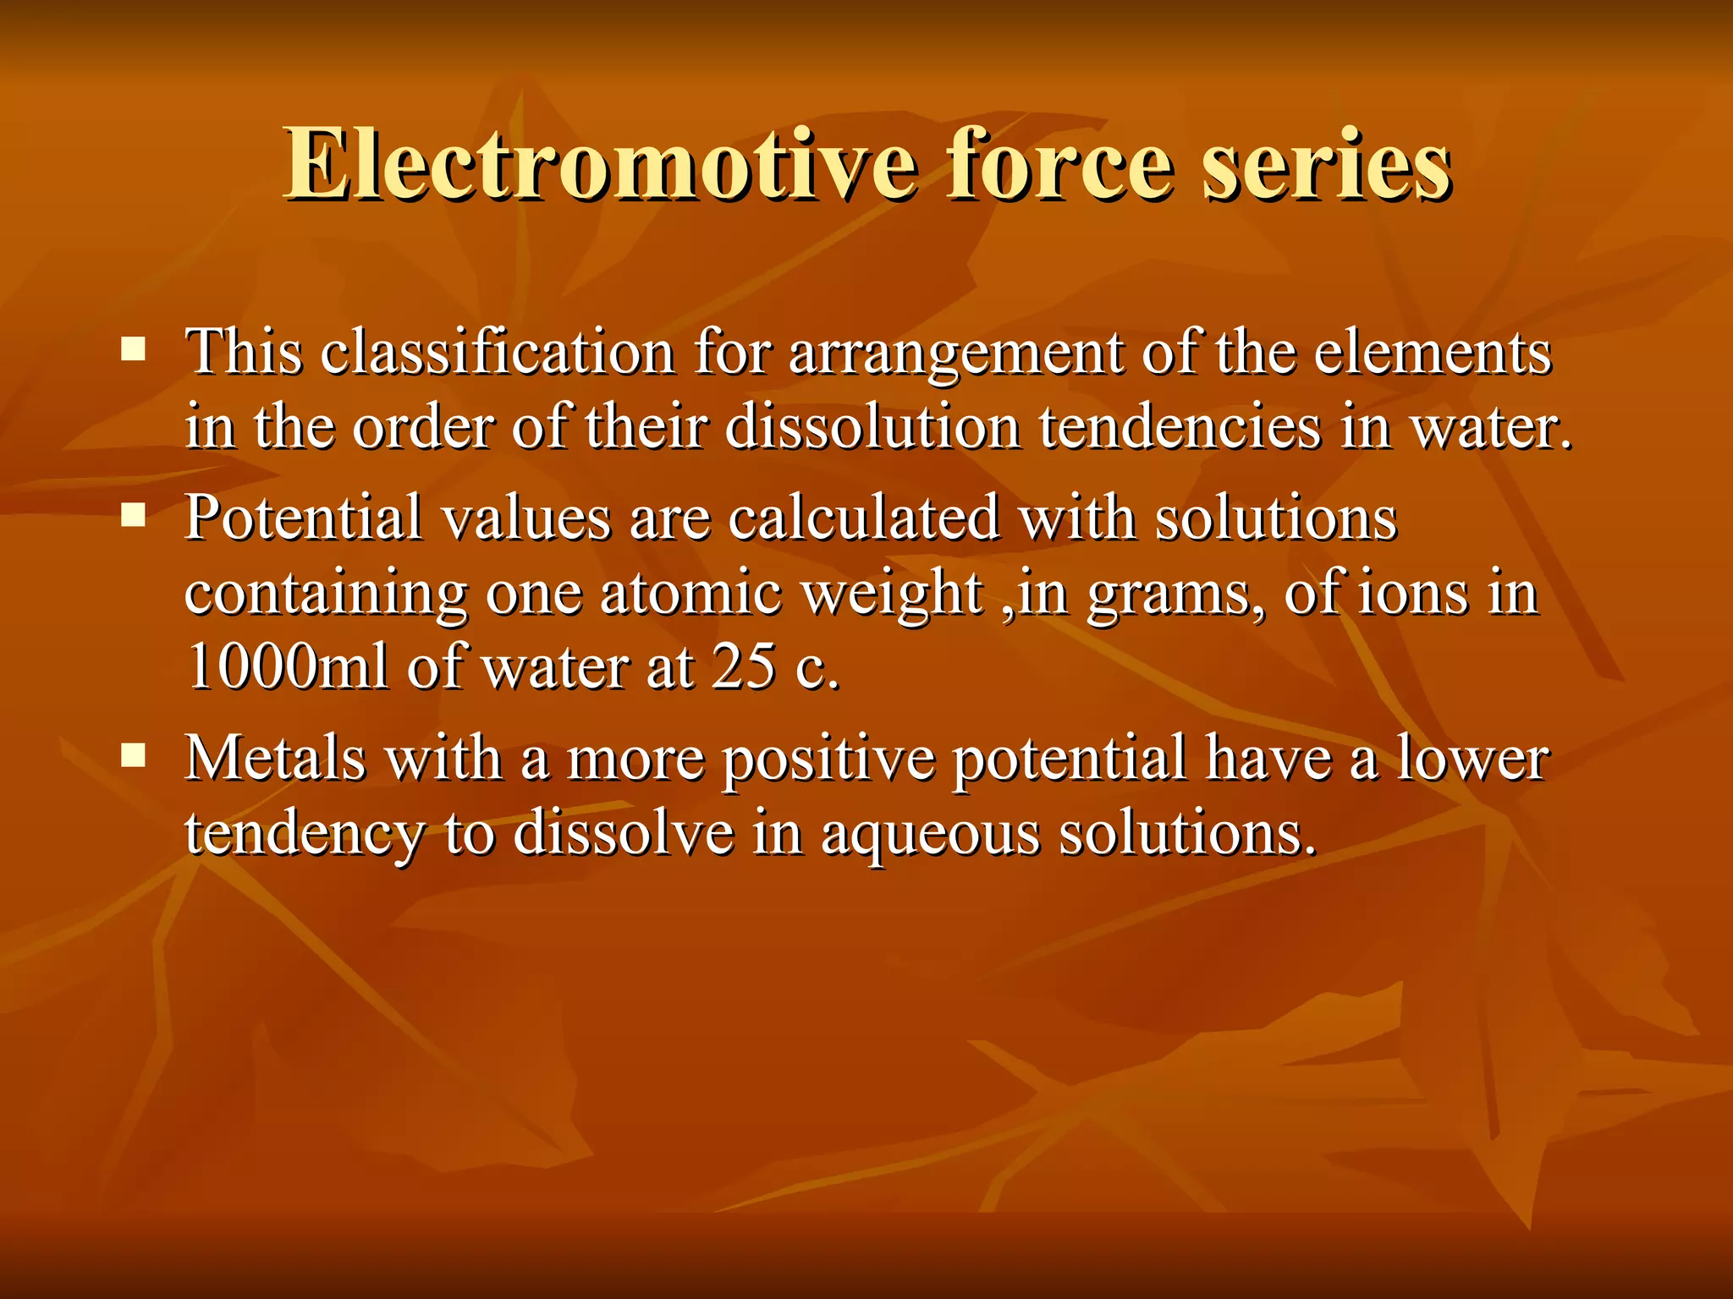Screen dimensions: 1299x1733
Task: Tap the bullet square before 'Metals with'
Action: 133,755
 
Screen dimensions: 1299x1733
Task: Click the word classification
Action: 498,352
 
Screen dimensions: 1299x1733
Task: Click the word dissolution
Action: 872,426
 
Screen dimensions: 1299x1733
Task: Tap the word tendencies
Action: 1180,426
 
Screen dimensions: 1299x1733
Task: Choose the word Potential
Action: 303,518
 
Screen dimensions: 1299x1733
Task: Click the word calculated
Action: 863,518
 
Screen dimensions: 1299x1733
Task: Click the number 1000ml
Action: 287,666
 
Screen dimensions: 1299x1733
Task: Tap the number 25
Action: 743,666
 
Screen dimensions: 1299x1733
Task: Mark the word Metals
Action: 276,758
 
